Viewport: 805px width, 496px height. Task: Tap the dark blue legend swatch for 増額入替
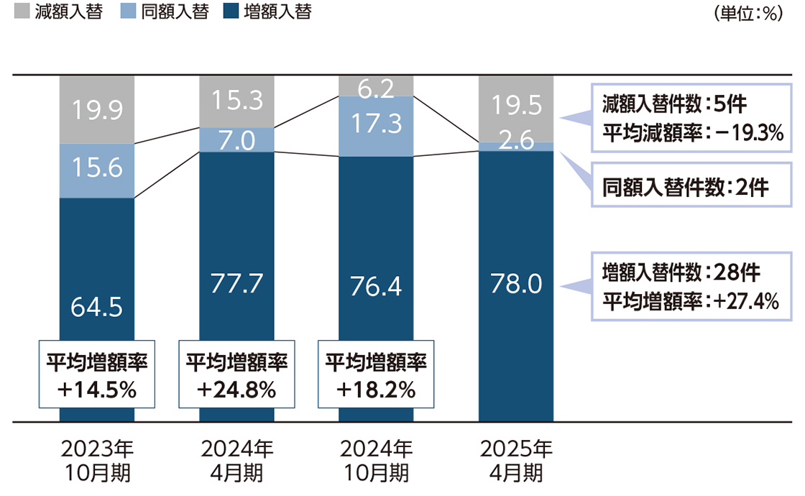coord(232,12)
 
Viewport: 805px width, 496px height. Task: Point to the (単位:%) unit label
coord(747,14)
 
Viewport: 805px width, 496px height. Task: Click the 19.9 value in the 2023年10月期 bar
coord(97,111)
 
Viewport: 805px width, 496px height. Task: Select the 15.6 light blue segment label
coord(97,168)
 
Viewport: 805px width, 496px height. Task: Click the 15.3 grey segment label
coord(237,101)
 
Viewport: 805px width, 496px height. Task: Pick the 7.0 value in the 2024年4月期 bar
coord(237,141)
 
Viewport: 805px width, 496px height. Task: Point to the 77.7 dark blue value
coord(237,283)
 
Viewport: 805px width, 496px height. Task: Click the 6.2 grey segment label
coord(376,88)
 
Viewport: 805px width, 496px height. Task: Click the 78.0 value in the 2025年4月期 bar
coord(516,285)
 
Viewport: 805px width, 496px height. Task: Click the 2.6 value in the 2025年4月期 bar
coord(516,142)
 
